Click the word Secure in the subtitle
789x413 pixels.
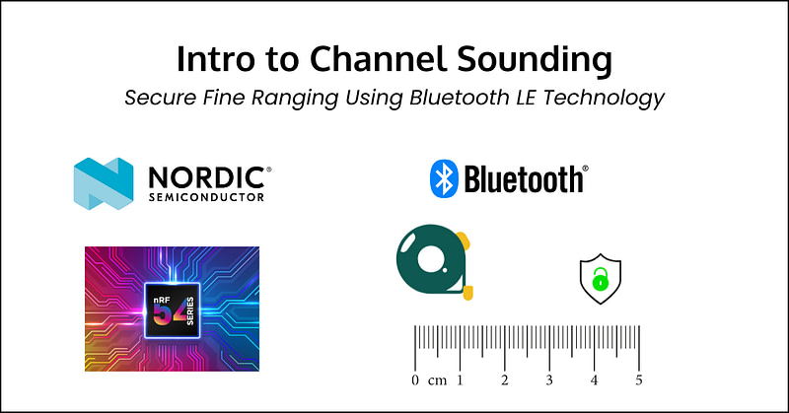161,97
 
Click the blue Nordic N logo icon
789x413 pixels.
104,183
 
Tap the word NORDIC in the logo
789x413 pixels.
207,177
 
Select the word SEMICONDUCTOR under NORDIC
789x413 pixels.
206,197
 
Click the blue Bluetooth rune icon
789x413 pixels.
444,178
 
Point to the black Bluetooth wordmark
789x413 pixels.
524,179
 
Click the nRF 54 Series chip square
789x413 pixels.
172,310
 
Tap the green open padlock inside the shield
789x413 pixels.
600,279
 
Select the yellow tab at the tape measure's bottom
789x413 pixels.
467,293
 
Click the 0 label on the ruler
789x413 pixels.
415,380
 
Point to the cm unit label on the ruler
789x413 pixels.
437,381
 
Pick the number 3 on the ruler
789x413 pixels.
549,380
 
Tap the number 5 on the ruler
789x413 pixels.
639,380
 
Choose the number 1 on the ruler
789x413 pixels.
460,380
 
